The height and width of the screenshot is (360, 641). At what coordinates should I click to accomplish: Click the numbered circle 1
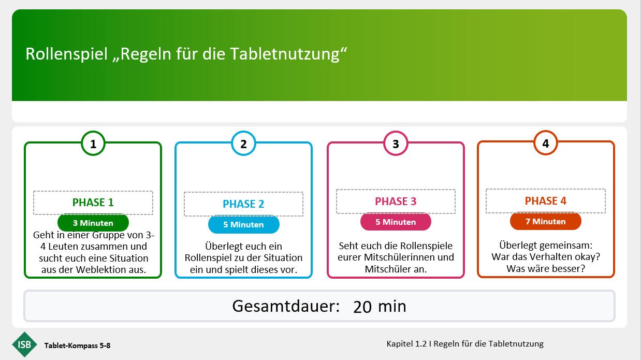pos(93,143)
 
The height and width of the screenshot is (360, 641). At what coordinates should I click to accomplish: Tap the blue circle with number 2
pos(243,143)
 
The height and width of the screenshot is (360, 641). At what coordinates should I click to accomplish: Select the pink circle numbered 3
pos(396,143)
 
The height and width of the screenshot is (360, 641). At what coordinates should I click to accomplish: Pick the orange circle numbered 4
pos(545,143)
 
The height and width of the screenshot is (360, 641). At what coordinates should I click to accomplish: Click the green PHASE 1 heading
pos(93,203)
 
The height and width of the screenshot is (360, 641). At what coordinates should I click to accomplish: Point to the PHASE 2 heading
pos(243,204)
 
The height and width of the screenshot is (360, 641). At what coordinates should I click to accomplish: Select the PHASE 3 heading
pos(396,201)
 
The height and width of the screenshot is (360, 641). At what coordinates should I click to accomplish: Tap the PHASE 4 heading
pos(545,200)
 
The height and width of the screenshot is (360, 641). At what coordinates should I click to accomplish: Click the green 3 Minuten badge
pos(93,223)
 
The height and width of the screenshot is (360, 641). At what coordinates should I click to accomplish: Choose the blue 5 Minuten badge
pos(243,224)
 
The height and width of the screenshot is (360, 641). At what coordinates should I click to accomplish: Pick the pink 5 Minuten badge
pos(396,222)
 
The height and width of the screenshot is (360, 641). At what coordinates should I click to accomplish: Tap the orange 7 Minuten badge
pos(545,221)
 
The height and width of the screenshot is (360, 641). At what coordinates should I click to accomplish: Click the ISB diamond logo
pos(25,344)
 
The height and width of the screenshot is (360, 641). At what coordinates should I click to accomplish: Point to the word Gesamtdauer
pos(286,306)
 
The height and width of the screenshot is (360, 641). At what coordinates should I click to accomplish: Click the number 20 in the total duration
pos(362,307)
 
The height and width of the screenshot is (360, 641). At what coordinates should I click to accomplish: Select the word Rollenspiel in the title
pos(66,54)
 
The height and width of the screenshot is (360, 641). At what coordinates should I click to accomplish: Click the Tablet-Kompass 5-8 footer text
pos(77,345)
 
